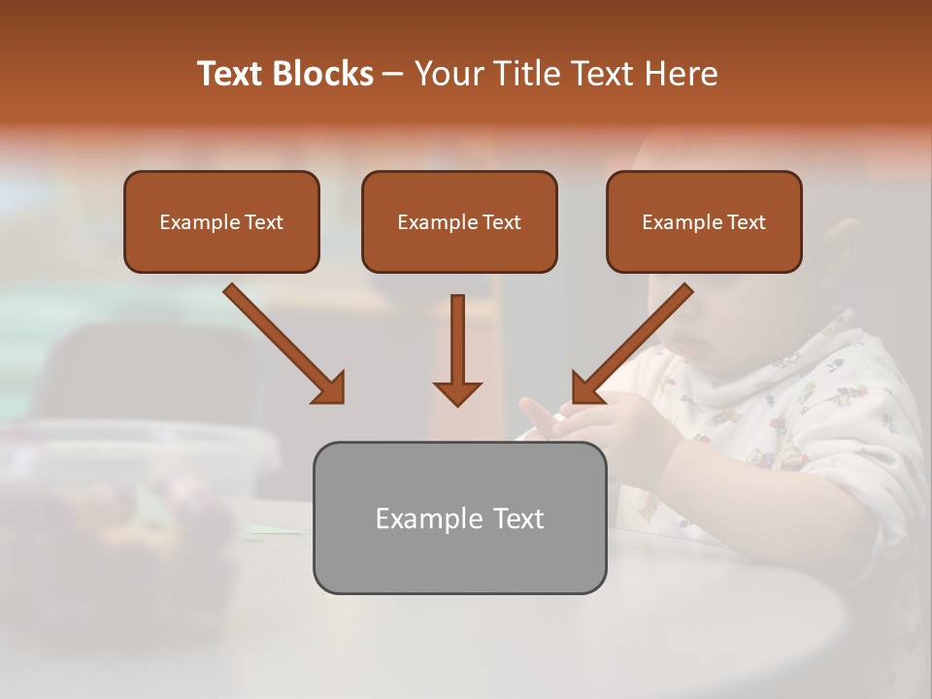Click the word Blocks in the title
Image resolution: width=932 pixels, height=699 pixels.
(324, 74)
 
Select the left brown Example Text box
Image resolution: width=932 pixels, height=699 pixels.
(221, 221)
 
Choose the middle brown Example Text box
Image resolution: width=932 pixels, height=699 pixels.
(459, 221)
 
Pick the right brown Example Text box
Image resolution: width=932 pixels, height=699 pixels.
(704, 221)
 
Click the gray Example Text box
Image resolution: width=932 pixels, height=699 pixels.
(459, 517)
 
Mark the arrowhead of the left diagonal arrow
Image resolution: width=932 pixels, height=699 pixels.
(329, 387)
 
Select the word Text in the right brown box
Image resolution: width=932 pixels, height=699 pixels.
(747, 221)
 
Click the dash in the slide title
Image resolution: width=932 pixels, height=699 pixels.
(393, 75)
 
